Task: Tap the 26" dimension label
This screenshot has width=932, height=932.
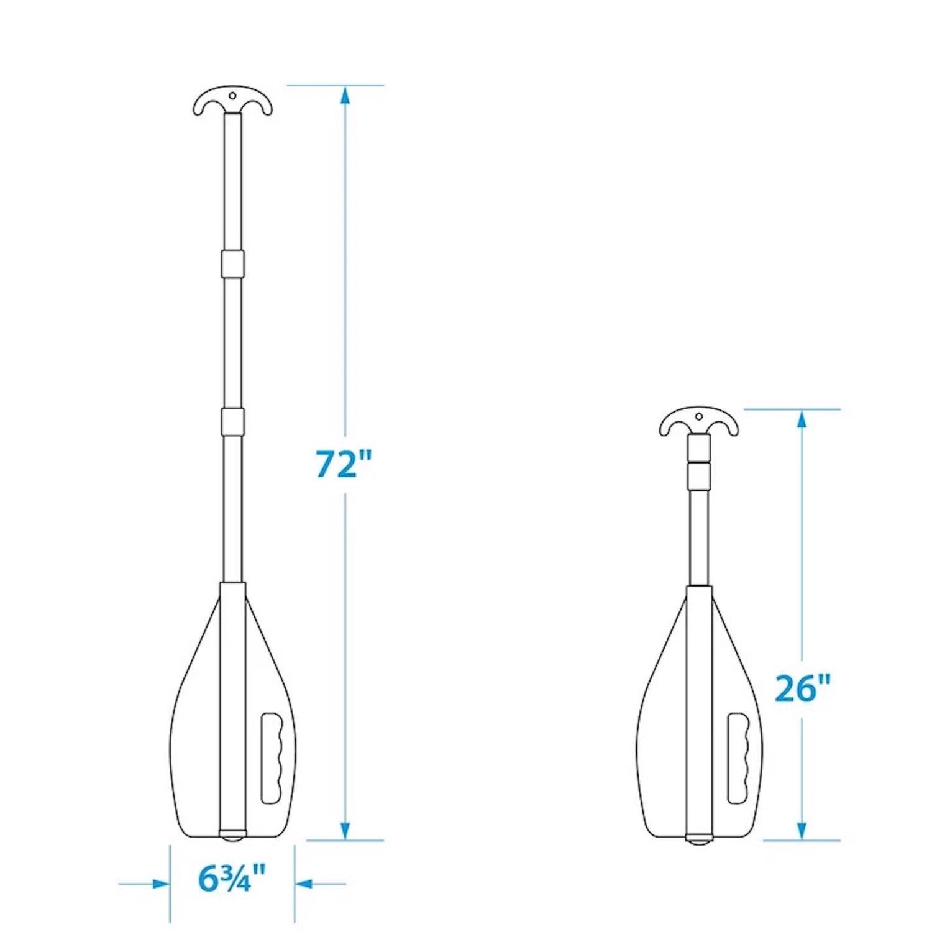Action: click(802, 688)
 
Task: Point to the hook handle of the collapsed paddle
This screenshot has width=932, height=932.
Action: click(699, 424)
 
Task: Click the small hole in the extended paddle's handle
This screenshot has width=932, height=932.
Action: click(232, 96)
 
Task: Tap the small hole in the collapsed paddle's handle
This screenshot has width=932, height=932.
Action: click(699, 416)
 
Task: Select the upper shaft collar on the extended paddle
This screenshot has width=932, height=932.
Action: click(232, 263)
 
